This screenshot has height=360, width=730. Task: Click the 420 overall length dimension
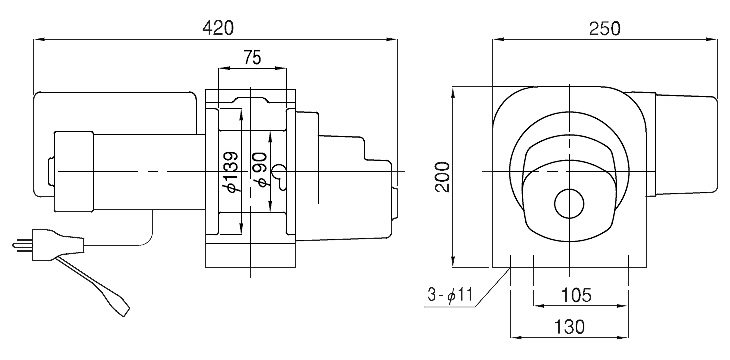217,28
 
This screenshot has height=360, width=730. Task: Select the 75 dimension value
252,58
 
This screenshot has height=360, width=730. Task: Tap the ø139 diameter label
231,172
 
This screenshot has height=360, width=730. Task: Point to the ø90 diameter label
261,170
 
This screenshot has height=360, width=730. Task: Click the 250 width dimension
605,28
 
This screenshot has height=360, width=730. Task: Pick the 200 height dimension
443,177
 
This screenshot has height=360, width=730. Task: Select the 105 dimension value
575,295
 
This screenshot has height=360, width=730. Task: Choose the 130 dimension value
569,327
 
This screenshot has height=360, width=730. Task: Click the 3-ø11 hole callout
450,295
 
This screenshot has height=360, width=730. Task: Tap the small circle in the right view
569,204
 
